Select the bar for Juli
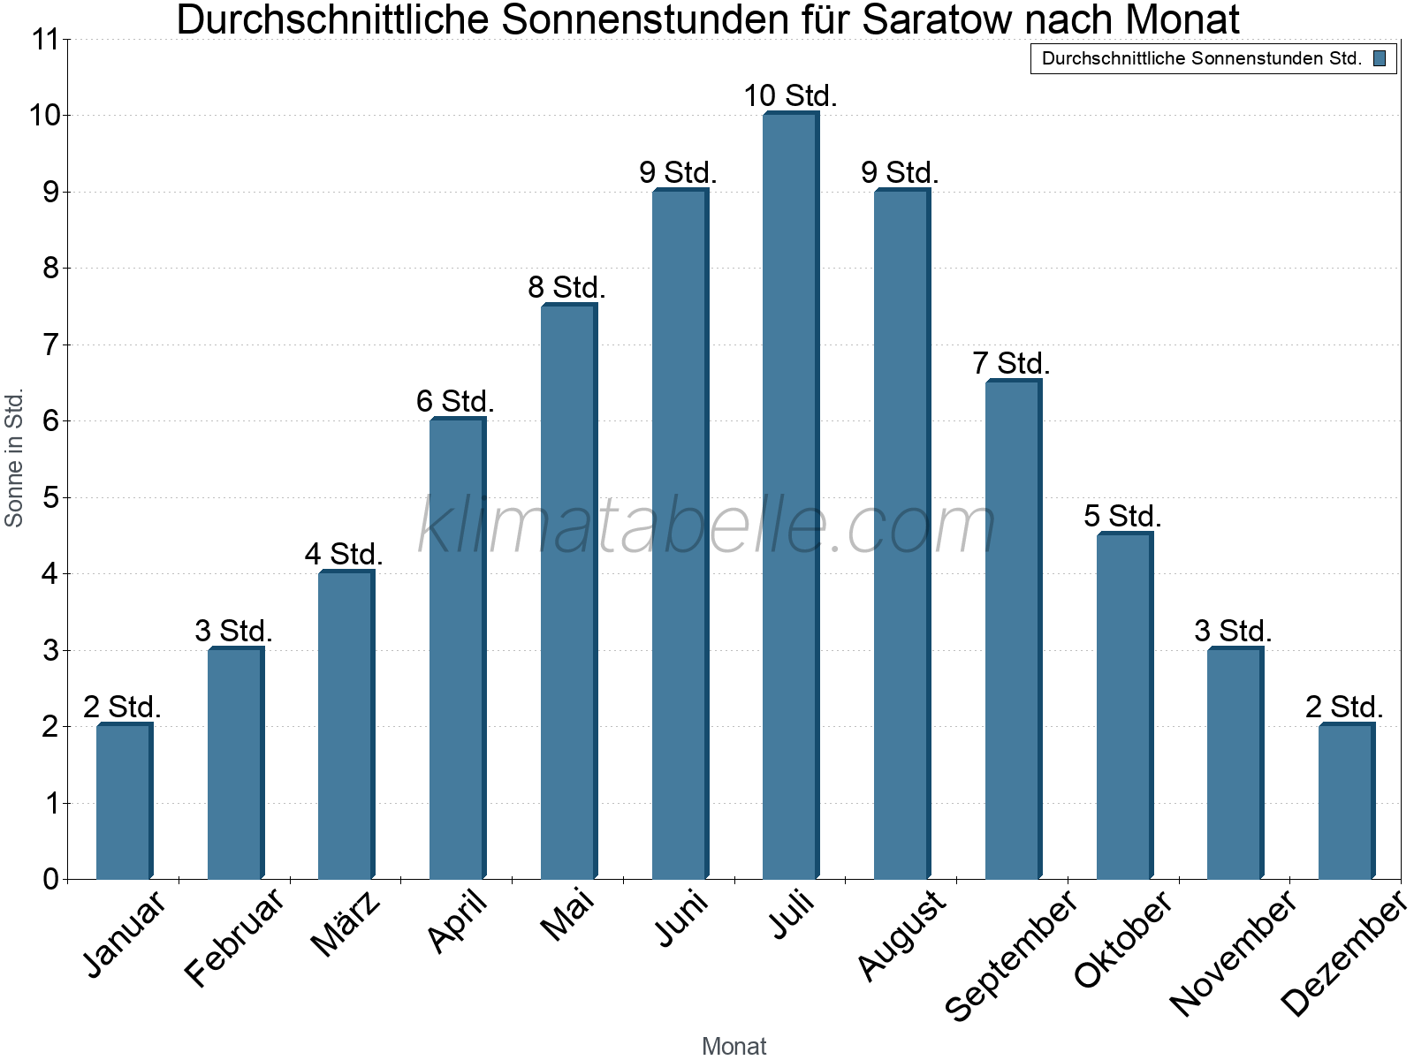coord(790,495)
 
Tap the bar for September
coord(1013,629)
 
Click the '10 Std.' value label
coord(790,95)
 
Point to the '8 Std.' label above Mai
coord(566,287)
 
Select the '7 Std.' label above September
coord(1011,363)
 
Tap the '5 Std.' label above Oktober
coord(1122,516)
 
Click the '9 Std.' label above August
coord(900,172)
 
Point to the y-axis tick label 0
coord(50,879)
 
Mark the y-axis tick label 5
coord(50,497)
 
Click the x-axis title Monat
coord(734,1046)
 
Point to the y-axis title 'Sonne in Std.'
coord(14,458)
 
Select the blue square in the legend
coord(1380,58)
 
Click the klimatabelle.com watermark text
coord(707,526)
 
